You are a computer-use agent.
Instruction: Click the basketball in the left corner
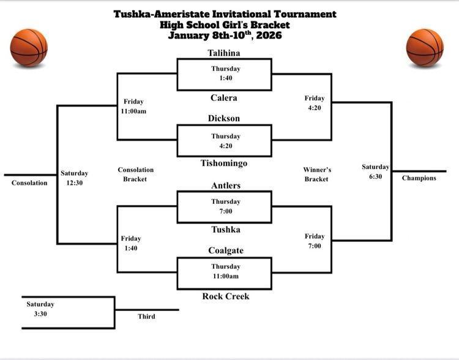click(29, 47)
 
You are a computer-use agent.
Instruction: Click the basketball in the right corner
click(425, 47)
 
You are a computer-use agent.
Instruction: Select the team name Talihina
click(224, 53)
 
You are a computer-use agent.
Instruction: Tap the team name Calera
click(224, 98)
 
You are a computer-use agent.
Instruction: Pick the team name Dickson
click(224, 118)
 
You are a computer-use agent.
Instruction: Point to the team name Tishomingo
click(224, 163)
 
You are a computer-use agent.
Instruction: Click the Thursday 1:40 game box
click(224, 73)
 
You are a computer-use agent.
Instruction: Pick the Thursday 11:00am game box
click(224, 271)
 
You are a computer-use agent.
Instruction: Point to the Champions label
click(419, 178)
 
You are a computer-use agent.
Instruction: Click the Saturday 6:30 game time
click(375, 171)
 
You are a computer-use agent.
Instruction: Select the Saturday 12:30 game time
click(75, 178)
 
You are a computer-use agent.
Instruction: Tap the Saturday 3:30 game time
click(40, 309)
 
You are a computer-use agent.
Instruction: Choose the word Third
click(146, 317)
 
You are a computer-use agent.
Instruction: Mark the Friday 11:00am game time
click(134, 106)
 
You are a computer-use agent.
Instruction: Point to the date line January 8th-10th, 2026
click(225, 35)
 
